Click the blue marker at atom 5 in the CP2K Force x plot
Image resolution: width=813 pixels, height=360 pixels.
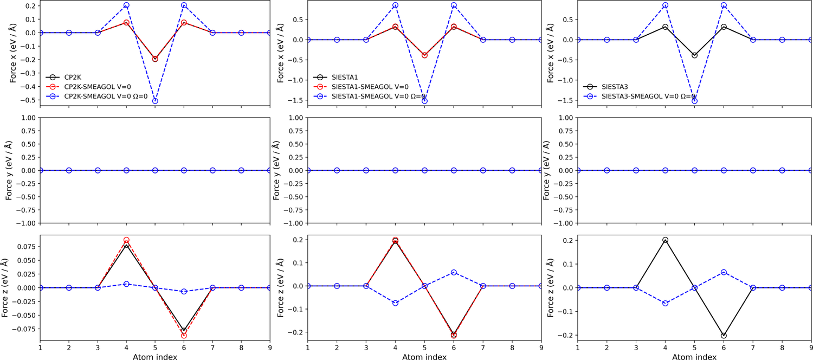(155, 101)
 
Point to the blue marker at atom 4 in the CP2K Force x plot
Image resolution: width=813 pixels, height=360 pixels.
(126, 5)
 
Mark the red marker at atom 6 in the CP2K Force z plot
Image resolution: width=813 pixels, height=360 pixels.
(184, 336)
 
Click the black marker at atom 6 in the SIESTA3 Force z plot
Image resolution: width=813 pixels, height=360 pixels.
(724, 336)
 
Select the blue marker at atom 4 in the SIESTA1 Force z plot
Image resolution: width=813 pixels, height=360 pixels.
(396, 303)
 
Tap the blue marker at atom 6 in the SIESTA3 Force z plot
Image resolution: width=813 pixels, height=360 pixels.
(724, 272)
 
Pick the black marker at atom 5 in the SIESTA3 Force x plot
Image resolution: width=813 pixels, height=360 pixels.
(695, 55)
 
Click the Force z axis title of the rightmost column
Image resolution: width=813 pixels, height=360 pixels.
(550, 287)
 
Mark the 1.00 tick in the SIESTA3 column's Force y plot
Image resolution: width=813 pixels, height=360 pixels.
(564, 118)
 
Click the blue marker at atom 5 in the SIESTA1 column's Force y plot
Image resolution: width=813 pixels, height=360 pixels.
(424, 170)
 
